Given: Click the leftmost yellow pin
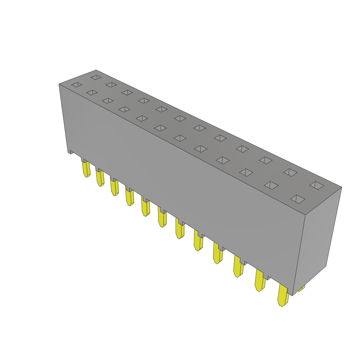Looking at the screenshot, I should [x=86, y=169].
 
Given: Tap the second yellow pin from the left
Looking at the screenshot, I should [x=100, y=178].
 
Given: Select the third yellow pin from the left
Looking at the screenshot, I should [x=115, y=187].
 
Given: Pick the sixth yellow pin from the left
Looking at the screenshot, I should [x=162, y=219].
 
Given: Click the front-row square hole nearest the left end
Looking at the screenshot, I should [x=77, y=85].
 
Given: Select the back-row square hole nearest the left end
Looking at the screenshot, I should [x=96, y=77].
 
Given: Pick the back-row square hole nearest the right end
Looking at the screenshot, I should [x=317, y=185].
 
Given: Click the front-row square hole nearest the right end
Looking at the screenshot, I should [x=298, y=199].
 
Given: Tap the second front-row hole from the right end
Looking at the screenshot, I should [x=271, y=185].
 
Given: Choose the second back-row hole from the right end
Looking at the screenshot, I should [x=290, y=172].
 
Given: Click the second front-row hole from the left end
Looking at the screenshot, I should [x=92, y=92].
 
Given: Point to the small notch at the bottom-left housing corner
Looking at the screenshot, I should [x=71, y=152].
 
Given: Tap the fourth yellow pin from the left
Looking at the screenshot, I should [x=130, y=197].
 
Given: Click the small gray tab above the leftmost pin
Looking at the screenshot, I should [x=85, y=160].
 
